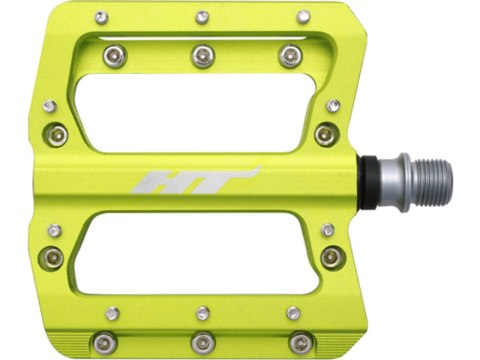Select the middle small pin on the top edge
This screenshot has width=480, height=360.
pyautogui.click(x=202, y=17)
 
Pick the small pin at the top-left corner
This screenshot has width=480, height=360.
pyautogui.click(x=101, y=17)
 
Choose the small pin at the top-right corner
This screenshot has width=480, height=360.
pyautogui.click(x=303, y=17)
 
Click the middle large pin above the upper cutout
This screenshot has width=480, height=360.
pyautogui.click(x=202, y=54)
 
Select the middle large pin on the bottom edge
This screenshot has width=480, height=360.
pyautogui.click(x=202, y=343)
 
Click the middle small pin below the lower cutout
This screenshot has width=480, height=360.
pyautogui.click(x=202, y=313)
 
